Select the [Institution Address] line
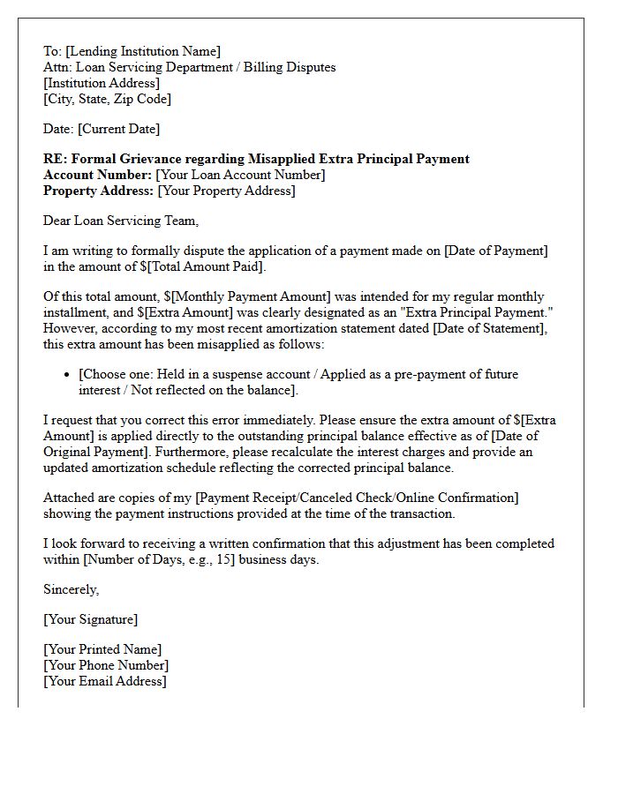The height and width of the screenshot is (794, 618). [102, 83]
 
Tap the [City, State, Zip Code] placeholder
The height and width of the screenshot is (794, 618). [107, 99]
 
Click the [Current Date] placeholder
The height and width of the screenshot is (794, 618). [119, 129]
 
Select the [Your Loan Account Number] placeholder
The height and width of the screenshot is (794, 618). [240, 175]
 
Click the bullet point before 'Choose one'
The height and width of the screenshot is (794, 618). [68, 375]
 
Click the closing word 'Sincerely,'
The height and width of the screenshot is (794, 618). [72, 589]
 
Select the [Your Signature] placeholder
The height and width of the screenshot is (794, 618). [90, 619]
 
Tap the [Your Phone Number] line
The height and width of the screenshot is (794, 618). [106, 665]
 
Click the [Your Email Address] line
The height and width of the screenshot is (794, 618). [104, 681]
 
